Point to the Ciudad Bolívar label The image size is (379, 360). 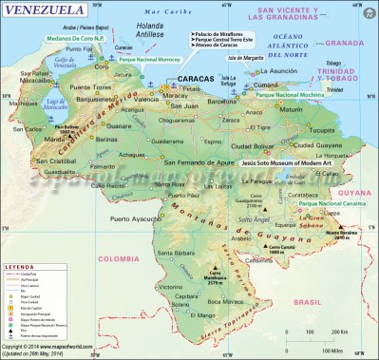pyautogui.click(x=250, y=145)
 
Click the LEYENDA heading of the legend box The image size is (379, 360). pyautogui.click(x=21, y=268)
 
